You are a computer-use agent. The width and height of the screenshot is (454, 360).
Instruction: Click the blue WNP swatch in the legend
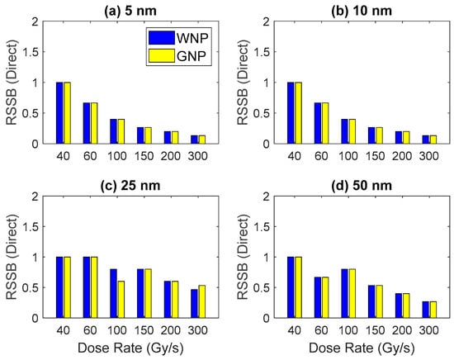tap(162, 38)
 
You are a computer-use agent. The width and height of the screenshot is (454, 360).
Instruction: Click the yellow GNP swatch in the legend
tap(162, 55)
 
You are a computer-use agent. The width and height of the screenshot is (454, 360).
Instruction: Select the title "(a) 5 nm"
tap(130, 11)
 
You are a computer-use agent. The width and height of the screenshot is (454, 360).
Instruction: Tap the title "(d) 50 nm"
tap(362, 185)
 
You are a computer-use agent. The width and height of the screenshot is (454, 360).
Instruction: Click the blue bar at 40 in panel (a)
tap(59, 113)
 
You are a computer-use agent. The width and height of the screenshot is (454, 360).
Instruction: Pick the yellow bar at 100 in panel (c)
tap(121, 300)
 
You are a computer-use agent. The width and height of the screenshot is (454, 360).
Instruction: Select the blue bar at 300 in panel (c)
tap(194, 304)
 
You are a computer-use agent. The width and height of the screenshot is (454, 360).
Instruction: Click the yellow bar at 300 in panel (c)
tap(201, 301)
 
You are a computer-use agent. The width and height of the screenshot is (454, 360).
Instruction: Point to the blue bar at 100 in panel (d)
tap(345, 293)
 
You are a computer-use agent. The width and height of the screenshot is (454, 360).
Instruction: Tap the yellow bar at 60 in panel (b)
tap(325, 123)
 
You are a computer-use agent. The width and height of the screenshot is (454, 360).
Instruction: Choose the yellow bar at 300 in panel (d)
tap(433, 310)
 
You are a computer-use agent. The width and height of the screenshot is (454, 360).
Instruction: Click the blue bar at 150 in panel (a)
tap(140, 135)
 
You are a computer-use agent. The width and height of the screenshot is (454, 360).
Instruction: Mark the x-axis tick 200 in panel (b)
tap(402, 156)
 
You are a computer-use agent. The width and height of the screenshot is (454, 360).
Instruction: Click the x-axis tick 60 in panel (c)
tap(90, 330)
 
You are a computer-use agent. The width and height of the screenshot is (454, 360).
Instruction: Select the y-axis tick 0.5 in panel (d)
tap(262, 287)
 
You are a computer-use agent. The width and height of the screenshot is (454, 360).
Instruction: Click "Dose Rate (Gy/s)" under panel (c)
tap(130, 348)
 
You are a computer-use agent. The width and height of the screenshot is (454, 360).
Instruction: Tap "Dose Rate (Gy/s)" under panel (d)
tap(362, 348)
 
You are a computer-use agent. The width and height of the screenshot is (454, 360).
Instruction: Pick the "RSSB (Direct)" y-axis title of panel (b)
tap(243, 83)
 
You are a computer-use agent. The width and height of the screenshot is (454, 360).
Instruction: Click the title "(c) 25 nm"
tap(130, 185)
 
